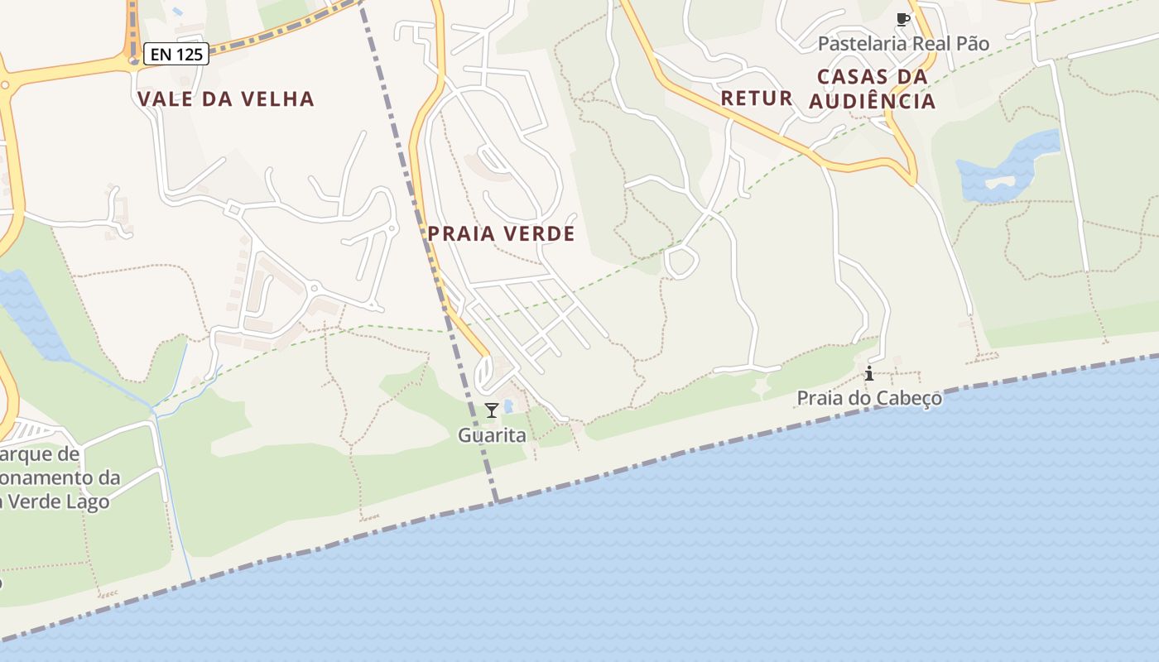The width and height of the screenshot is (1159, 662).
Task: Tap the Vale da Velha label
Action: click(226, 99)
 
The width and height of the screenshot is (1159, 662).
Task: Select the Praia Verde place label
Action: click(501, 234)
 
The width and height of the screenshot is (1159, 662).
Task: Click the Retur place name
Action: click(757, 98)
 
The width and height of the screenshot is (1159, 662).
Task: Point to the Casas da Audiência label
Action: click(872, 89)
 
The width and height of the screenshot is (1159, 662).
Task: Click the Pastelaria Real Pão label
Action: click(903, 44)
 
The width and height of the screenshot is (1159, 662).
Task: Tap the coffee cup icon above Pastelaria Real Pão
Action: click(902, 19)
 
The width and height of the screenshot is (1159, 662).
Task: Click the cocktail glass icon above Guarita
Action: click(492, 410)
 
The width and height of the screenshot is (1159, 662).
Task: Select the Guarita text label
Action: click(492, 435)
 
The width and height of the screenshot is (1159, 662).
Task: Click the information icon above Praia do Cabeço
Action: click(869, 373)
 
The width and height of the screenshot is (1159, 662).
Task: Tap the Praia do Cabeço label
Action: click(869, 399)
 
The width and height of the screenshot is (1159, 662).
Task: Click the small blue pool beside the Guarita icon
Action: click(508, 406)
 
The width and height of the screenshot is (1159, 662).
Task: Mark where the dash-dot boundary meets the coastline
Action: click(497, 501)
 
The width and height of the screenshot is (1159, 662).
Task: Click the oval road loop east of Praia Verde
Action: click(681, 262)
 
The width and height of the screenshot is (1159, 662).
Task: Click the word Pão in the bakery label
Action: click(972, 44)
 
